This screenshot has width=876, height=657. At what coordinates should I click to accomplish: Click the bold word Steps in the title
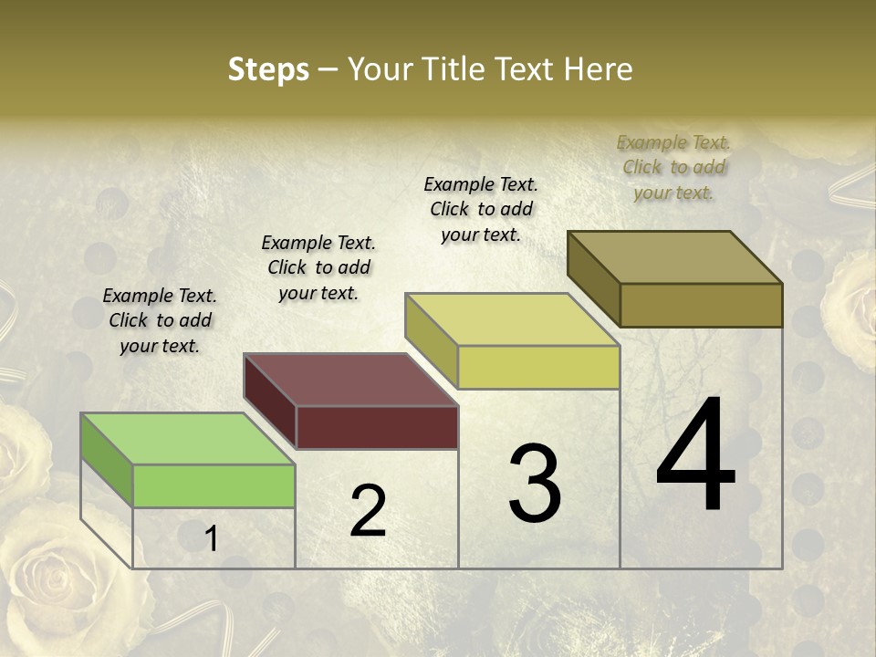[268, 69]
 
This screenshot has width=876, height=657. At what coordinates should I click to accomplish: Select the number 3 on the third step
[534, 484]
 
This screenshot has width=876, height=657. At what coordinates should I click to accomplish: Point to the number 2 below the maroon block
[368, 511]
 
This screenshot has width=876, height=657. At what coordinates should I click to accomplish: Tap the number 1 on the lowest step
[211, 539]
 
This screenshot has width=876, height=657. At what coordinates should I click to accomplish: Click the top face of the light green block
[187, 439]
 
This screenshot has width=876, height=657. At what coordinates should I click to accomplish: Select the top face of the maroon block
[350, 380]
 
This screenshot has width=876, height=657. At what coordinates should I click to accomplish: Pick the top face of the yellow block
[512, 319]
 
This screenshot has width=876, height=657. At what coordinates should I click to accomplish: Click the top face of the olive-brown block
[674, 257]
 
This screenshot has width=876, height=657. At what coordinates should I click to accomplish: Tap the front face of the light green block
[214, 485]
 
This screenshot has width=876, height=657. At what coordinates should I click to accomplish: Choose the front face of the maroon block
[377, 427]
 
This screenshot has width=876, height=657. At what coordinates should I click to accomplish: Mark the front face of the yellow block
[538, 367]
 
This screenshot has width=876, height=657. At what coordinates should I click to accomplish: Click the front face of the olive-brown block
[701, 305]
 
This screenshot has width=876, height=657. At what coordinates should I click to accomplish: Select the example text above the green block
[160, 320]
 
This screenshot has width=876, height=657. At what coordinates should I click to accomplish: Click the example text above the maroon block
[318, 267]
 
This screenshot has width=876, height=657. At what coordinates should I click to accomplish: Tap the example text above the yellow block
[481, 209]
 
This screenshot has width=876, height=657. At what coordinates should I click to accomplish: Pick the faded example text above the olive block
[673, 167]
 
